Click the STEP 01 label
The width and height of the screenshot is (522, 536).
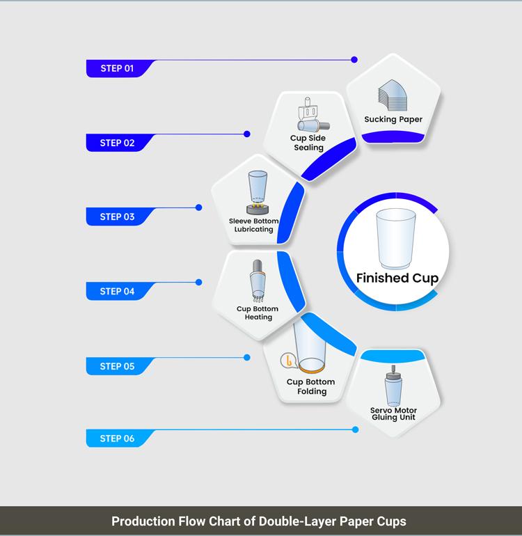pos(116,68)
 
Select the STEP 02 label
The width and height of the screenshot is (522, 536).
pos(116,143)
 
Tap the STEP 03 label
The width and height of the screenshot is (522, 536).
pos(116,216)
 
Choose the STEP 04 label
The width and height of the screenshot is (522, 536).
pos(116,291)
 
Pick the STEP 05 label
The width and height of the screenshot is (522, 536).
pos(116,366)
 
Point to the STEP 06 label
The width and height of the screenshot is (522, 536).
pos(116,439)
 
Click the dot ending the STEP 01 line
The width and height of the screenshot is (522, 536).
pos(354,60)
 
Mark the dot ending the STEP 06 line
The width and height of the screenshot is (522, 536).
pos(356,429)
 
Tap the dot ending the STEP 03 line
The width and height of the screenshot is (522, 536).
pos(199,207)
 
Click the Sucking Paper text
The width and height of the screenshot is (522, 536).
pos(393,119)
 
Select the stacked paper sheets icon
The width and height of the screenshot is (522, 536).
pos(393,94)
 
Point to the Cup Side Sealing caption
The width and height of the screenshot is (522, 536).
pos(308,143)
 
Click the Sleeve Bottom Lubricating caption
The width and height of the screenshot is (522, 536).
pos(254,226)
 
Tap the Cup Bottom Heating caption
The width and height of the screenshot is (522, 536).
pos(258,313)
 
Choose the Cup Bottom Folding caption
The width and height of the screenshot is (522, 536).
pos(311,386)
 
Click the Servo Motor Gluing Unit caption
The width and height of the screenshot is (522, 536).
pos(393,414)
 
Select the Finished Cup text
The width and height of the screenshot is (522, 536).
pos(397,278)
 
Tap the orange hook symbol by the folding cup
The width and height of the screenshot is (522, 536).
pos(287,361)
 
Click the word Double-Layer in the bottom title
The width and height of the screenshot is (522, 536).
pos(303,521)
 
